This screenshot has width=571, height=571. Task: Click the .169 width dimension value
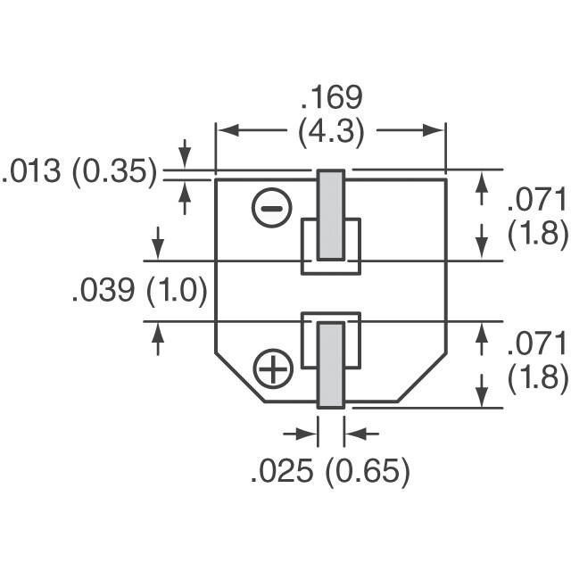(331, 97)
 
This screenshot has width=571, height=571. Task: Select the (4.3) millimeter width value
(331, 132)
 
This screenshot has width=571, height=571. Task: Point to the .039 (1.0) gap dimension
(139, 290)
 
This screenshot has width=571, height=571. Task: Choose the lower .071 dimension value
(537, 343)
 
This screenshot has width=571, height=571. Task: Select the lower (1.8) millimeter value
(537, 377)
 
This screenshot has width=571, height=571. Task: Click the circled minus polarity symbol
(272, 209)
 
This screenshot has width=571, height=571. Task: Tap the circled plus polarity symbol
(273, 368)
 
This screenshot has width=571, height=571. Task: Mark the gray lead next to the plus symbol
(331, 364)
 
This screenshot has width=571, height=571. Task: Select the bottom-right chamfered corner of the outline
(421, 377)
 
